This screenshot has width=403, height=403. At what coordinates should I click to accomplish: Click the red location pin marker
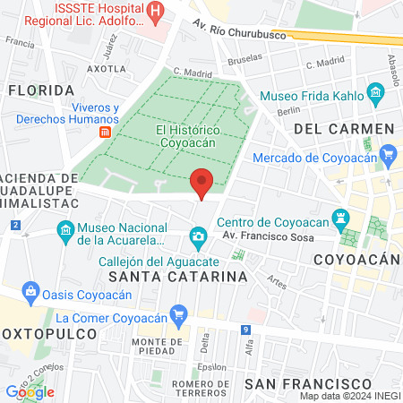[201, 182]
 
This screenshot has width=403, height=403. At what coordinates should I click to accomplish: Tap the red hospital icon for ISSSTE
[157, 11]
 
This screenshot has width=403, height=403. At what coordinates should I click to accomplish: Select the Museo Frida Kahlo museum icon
[375, 93]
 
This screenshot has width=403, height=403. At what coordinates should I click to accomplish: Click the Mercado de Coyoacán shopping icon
[388, 156]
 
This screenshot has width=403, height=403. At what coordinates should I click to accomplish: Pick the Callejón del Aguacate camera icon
[198, 236]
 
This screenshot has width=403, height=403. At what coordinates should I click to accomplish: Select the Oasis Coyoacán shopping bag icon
[31, 291]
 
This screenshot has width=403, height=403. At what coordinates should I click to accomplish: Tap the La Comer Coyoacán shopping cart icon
[180, 314]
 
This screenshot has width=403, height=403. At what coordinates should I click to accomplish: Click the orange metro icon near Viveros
[105, 131]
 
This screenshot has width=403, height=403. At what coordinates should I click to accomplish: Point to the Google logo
[30, 391]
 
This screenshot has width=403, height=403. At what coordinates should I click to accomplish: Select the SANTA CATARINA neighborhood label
[177, 277]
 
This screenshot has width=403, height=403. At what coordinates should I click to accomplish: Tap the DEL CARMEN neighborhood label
[344, 129]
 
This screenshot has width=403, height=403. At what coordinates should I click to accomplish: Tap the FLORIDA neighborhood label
[41, 90]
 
